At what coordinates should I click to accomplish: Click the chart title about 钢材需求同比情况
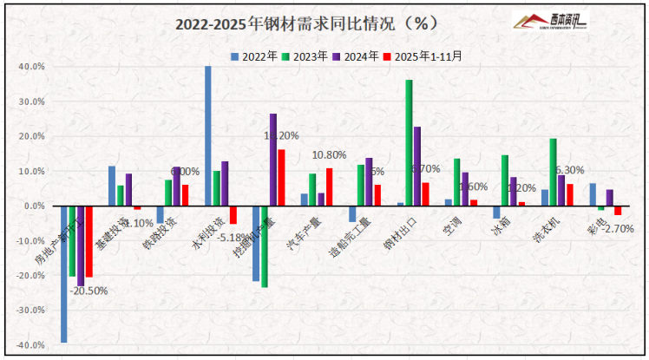318,22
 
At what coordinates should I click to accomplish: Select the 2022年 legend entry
254,56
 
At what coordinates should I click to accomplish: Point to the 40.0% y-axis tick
32,67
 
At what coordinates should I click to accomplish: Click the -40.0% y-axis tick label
31,345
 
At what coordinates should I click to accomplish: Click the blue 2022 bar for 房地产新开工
63,274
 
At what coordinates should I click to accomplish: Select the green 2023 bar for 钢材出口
409,143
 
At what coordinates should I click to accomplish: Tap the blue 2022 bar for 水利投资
208,136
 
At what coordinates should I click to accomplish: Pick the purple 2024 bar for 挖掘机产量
273,160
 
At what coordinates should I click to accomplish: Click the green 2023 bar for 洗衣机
553,173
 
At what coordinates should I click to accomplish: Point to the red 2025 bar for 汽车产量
329,187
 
